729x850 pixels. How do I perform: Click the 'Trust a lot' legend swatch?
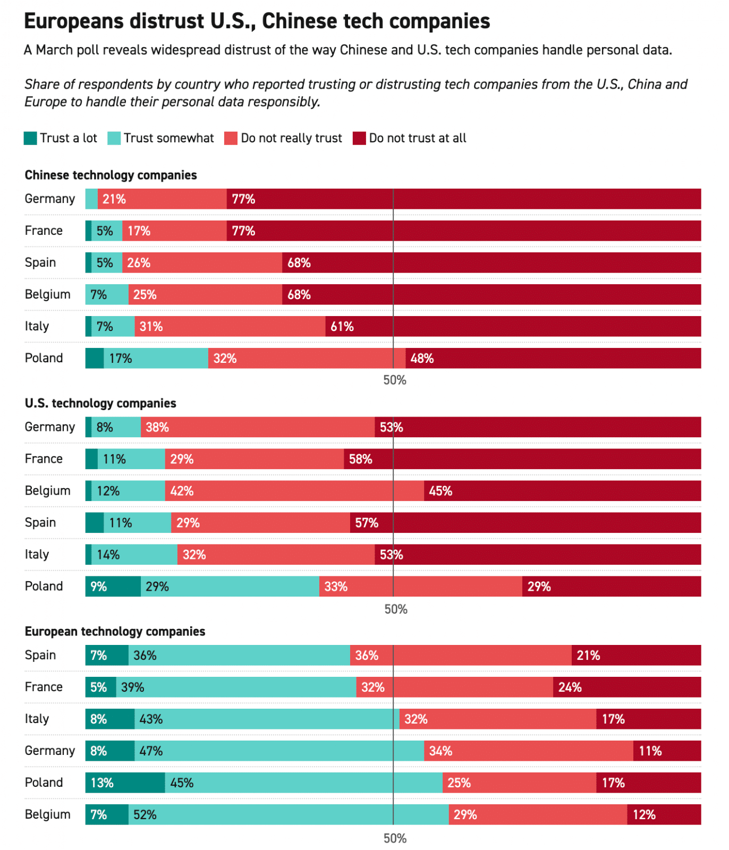click(30, 138)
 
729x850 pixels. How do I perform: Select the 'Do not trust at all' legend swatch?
click(359, 138)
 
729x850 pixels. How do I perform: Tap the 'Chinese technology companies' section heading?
click(111, 175)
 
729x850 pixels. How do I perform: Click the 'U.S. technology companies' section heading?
click(100, 403)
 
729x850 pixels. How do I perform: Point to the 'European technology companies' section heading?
click(115, 631)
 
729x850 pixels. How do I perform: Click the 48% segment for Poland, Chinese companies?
click(553, 358)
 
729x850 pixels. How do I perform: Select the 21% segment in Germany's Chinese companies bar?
click(162, 199)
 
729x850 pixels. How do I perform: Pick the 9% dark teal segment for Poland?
click(113, 586)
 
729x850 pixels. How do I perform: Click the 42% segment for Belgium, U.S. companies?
click(294, 491)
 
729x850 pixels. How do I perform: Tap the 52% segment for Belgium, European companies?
click(288, 814)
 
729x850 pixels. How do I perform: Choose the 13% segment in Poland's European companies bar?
click(125, 783)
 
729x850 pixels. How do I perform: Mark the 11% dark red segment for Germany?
click(666, 751)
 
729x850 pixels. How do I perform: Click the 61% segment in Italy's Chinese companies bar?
click(512, 326)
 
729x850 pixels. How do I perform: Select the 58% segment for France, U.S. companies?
click(522, 459)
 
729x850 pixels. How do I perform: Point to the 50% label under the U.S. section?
click(395, 609)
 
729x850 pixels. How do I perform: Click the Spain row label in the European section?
click(40, 655)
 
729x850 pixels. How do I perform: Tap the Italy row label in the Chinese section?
click(37, 326)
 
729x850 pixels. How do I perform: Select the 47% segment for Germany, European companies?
click(279, 751)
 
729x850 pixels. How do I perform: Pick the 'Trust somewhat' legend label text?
click(168, 138)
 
